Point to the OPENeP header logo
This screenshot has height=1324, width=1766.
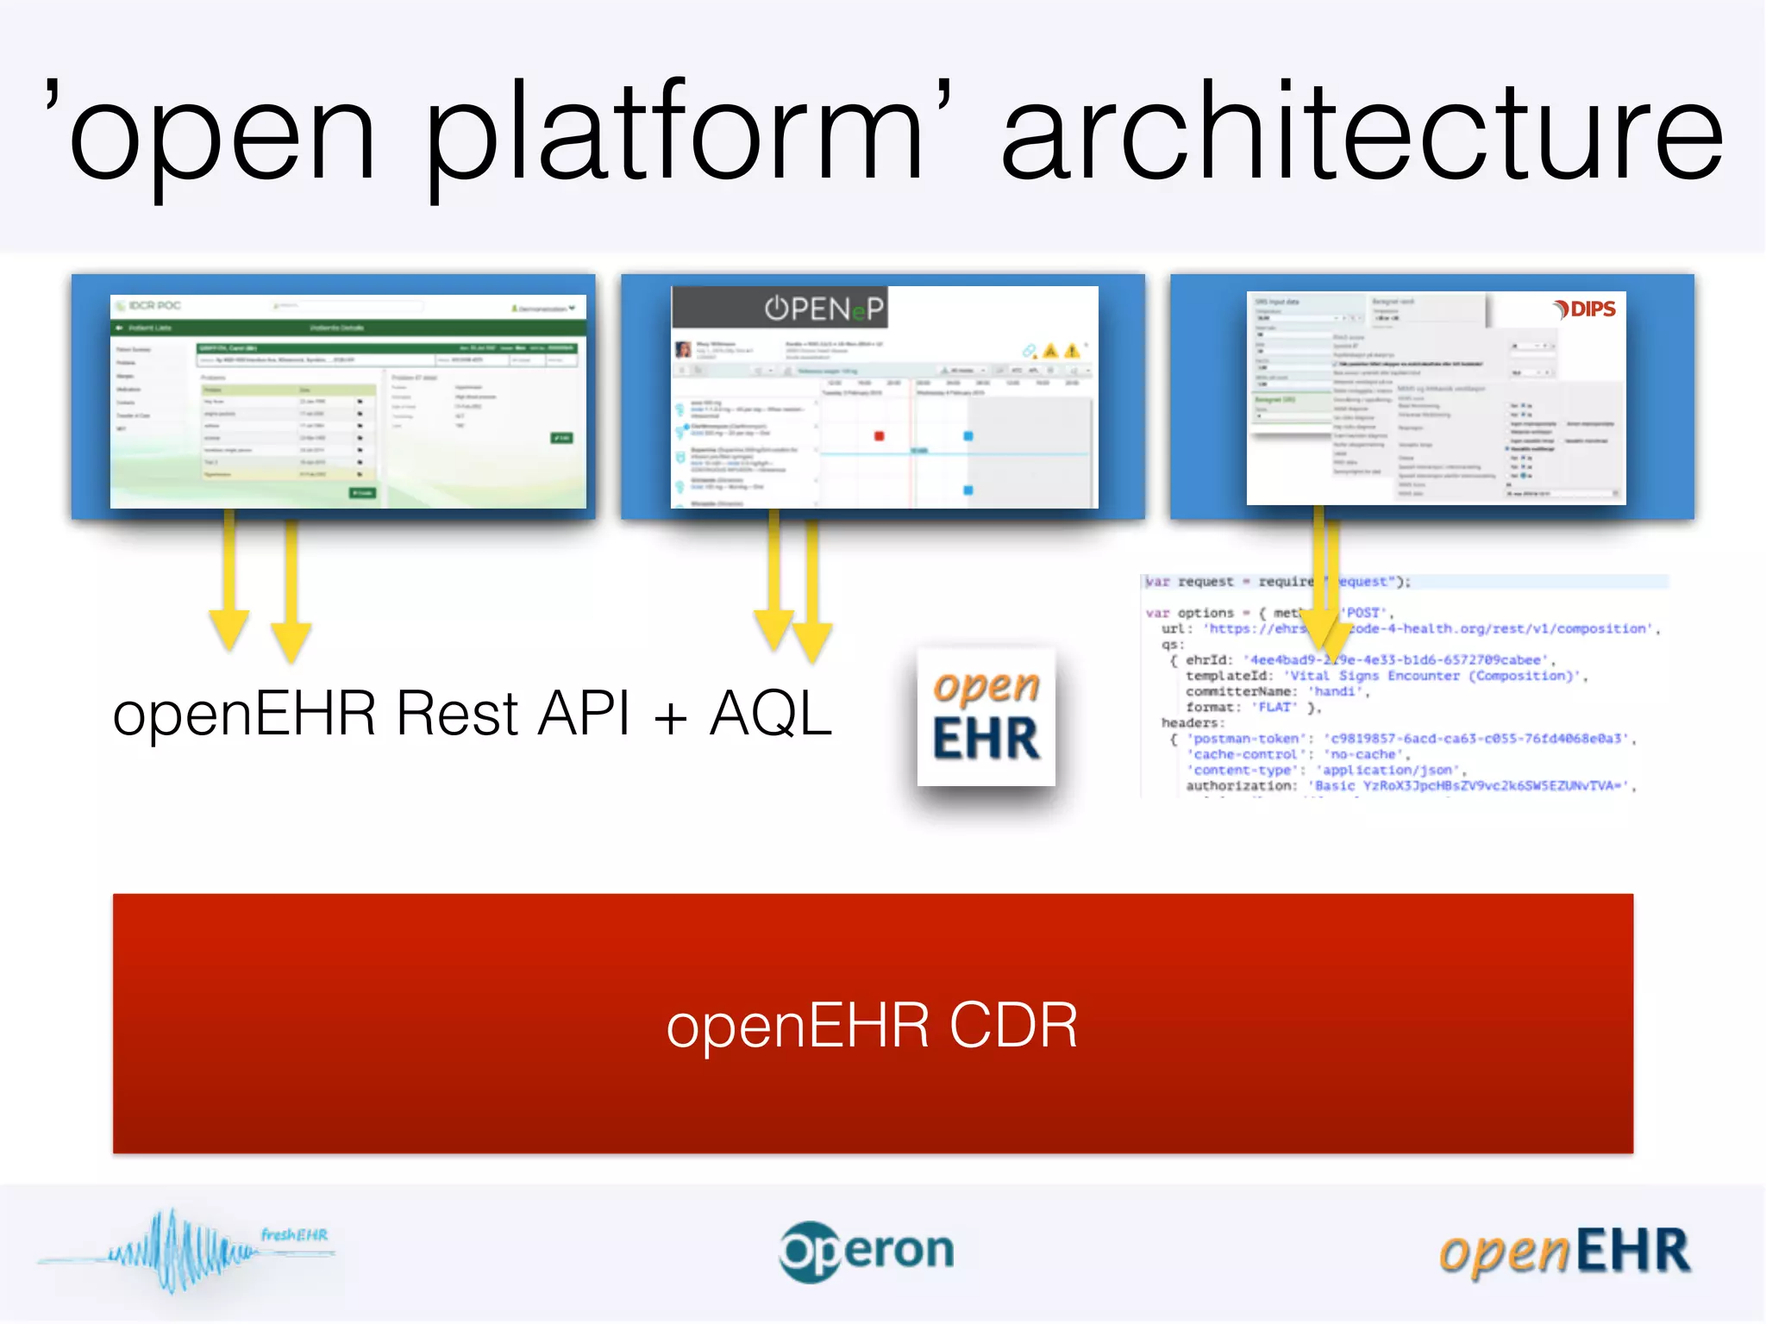pos(824,309)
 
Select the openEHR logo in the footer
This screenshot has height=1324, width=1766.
pos(1565,1252)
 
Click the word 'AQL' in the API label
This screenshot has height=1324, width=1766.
pos(770,714)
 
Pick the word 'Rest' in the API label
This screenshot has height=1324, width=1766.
pos(457,714)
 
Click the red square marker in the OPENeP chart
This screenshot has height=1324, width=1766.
pos(879,436)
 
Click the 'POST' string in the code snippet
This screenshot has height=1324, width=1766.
pos(1365,613)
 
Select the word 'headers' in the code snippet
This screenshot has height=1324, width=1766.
pos(1191,722)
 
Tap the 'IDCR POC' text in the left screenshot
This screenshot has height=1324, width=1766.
pos(155,305)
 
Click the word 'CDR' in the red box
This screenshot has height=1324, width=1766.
pos(1013,1026)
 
